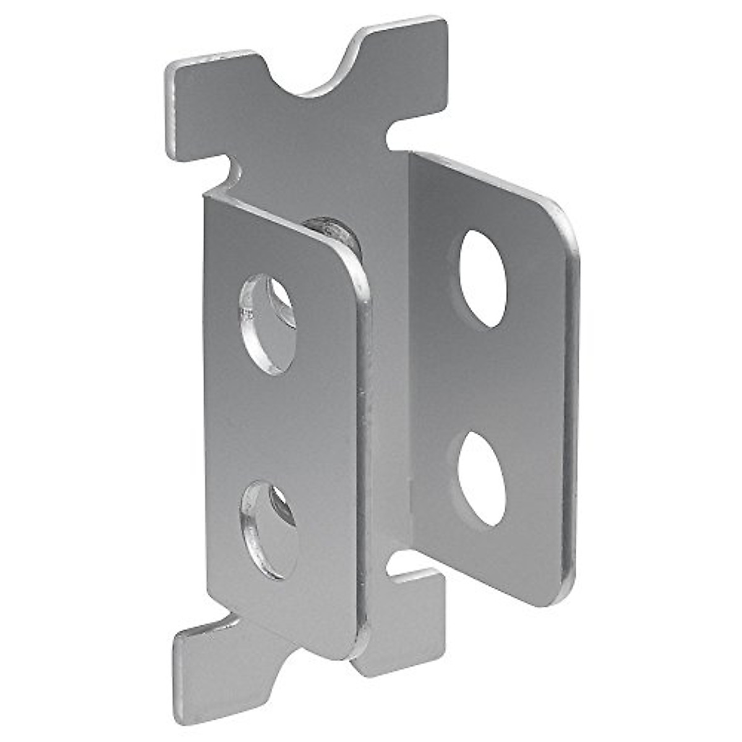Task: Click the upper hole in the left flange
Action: (267, 324)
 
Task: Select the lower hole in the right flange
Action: (482, 478)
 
